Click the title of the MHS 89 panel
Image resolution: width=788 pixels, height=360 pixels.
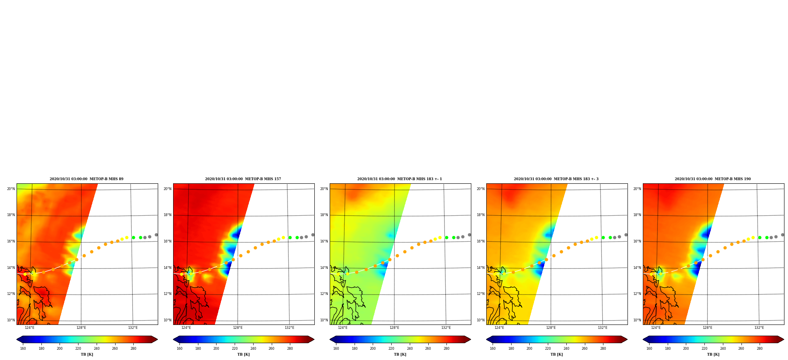pos(86,179)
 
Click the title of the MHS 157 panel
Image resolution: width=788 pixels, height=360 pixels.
pos(243,179)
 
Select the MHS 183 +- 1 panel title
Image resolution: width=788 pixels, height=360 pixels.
pos(400,179)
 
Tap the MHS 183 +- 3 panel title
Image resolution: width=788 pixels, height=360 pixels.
pos(556,179)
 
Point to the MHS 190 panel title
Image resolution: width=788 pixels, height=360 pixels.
pos(713,179)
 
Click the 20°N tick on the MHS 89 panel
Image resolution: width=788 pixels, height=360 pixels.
pos(11,189)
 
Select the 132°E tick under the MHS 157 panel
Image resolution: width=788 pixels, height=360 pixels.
pos(289,328)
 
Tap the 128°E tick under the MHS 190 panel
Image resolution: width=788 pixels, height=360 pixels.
pos(708,328)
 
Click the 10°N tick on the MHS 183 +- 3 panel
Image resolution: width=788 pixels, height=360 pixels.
pos(480,320)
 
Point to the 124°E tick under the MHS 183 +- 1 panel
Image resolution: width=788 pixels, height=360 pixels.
pos(343,328)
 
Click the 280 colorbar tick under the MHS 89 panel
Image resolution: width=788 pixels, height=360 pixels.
pos(133,349)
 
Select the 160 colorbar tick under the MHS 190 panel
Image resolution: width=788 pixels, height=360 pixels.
pos(649,349)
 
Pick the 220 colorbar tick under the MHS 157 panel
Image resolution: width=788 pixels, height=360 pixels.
pos(235,349)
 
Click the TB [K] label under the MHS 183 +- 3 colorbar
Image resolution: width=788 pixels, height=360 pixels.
pos(556,354)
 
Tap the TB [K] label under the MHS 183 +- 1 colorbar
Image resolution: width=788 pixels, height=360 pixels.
pos(400,354)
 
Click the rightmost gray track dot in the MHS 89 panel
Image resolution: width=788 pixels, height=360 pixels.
pos(156,235)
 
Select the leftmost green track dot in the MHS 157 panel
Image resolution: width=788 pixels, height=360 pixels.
pos(290,237)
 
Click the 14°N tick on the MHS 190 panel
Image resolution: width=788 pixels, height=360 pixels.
pos(637,268)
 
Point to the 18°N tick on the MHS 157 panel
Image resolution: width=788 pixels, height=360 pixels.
pos(167,215)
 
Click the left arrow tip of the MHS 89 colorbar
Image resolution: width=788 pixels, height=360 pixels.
pos(17,339)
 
